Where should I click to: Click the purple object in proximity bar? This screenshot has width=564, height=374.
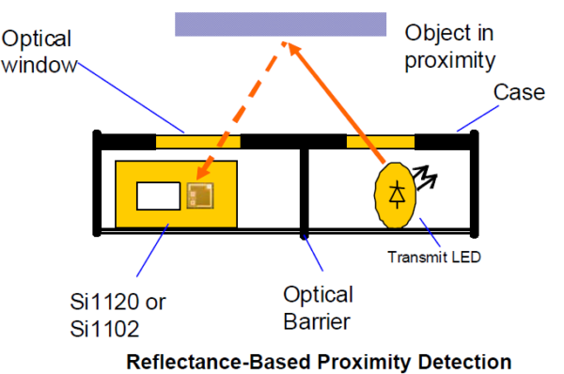pyautogui.click(x=280, y=23)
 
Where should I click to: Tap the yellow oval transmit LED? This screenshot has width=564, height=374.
pyautogui.click(x=398, y=195)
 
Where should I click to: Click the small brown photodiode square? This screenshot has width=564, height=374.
pyautogui.click(x=199, y=195)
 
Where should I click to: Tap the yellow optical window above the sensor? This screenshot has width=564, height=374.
pyautogui.click(x=197, y=142)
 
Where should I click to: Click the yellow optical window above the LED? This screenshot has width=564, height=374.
pyautogui.click(x=381, y=142)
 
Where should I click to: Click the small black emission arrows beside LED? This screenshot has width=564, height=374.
pyautogui.click(x=429, y=175)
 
